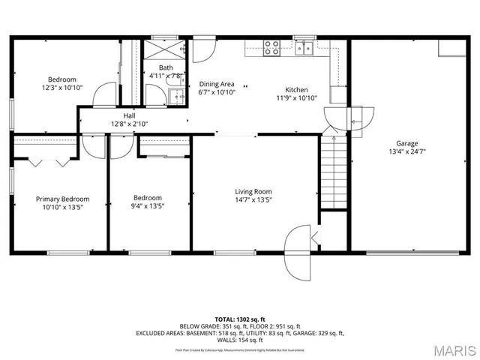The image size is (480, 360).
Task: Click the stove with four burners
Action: [x=271, y=47]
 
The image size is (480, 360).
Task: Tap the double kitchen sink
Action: [x=304, y=48]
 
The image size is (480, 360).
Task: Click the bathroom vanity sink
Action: [x=177, y=95]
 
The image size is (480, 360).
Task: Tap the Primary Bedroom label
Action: [x=63, y=199]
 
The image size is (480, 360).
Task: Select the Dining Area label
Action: [x=217, y=84]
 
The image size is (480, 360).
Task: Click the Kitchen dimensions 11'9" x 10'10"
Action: [x=297, y=98]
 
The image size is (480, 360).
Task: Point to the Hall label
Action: [x=129, y=115]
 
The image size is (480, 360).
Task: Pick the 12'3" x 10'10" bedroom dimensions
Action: [x=62, y=88]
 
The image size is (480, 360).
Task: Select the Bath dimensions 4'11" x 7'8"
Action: [x=165, y=76]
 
